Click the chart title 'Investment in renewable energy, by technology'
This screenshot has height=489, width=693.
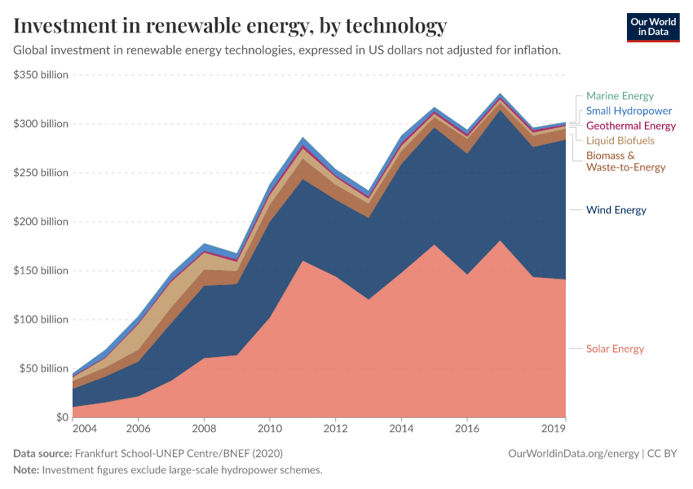pos(230,25)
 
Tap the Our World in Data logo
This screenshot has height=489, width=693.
pos(652,27)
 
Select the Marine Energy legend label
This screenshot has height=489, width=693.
pos(620,96)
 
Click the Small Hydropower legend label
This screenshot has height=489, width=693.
pos(629,111)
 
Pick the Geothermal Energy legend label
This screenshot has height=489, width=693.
pos(630,126)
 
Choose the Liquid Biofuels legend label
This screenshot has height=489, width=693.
pos(620,140)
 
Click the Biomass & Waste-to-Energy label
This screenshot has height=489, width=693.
pos(625,161)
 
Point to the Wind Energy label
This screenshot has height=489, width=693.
pos(616,210)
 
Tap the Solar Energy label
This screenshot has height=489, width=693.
pos(615,349)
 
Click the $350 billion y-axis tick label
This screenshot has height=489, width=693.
pos(41,75)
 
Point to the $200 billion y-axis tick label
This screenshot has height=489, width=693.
pos(41,222)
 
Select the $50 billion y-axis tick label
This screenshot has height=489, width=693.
pos(43,368)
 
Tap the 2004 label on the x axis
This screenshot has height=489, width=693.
pos(84,428)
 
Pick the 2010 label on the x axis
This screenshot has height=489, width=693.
pos(269,428)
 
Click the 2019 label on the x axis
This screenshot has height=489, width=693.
pos(554,428)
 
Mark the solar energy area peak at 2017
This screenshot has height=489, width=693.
pos(500,241)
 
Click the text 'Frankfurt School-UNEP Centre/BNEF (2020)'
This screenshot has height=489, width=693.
pos(179,453)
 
